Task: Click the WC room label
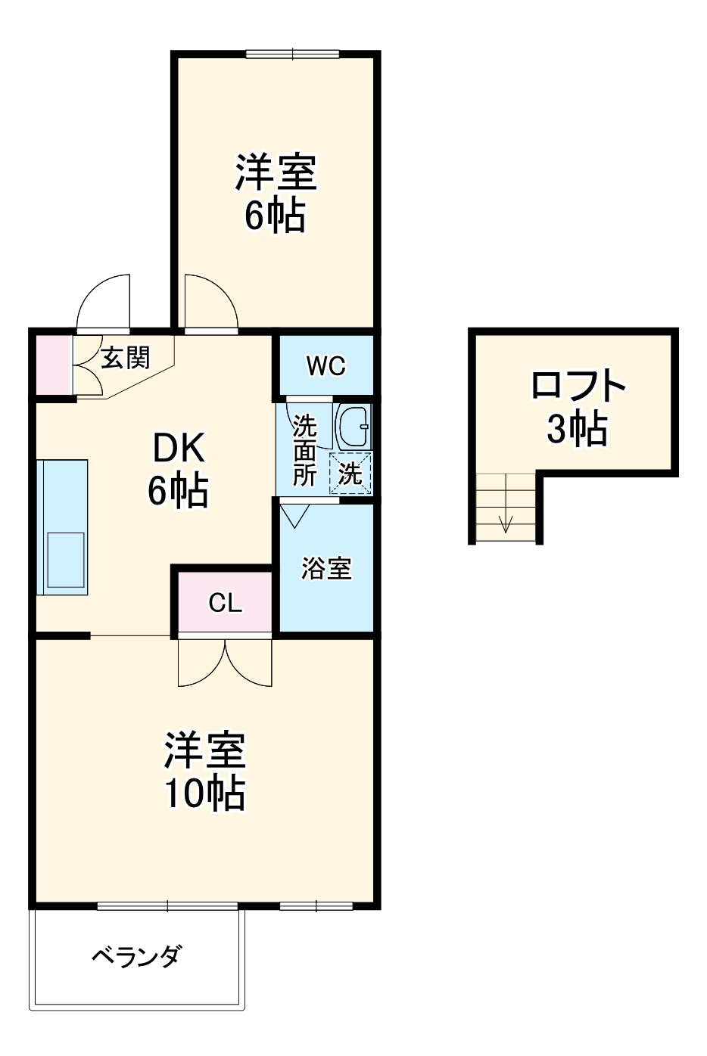pos(326,366)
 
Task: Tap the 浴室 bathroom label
pos(326,568)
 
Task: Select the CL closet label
pos(225,603)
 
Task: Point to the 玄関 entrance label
pos(126,357)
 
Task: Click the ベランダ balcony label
pos(136,957)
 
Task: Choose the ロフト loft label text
pos(578,386)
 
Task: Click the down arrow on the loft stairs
pos(506,521)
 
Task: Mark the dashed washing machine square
pos(350,474)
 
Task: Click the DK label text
pos(179,451)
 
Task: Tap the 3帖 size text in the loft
pos(578,430)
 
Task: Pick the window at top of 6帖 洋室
pos(294,53)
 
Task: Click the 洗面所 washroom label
pos(305,450)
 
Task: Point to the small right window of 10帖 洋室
pos(316,905)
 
